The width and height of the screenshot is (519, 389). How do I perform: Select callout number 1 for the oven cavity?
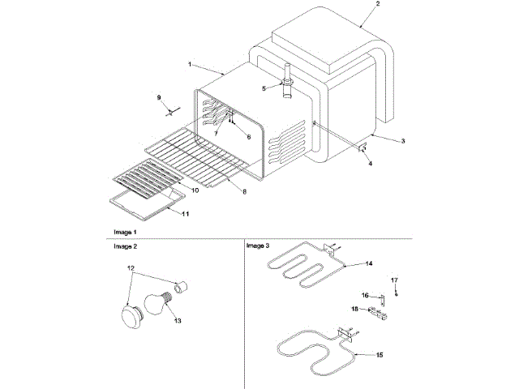(x=189, y=63)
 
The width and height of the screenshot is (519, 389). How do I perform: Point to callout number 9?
(x=159, y=97)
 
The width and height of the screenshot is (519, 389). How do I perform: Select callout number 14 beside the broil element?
(x=369, y=263)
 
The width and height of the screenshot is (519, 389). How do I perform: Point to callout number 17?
(x=396, y=280)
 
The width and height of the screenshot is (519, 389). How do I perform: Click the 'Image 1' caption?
(x=125, y=233)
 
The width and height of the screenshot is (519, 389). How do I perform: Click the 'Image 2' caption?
(x=125, y=245)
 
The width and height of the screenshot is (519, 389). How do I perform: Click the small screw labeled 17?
(x=396, y=293)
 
